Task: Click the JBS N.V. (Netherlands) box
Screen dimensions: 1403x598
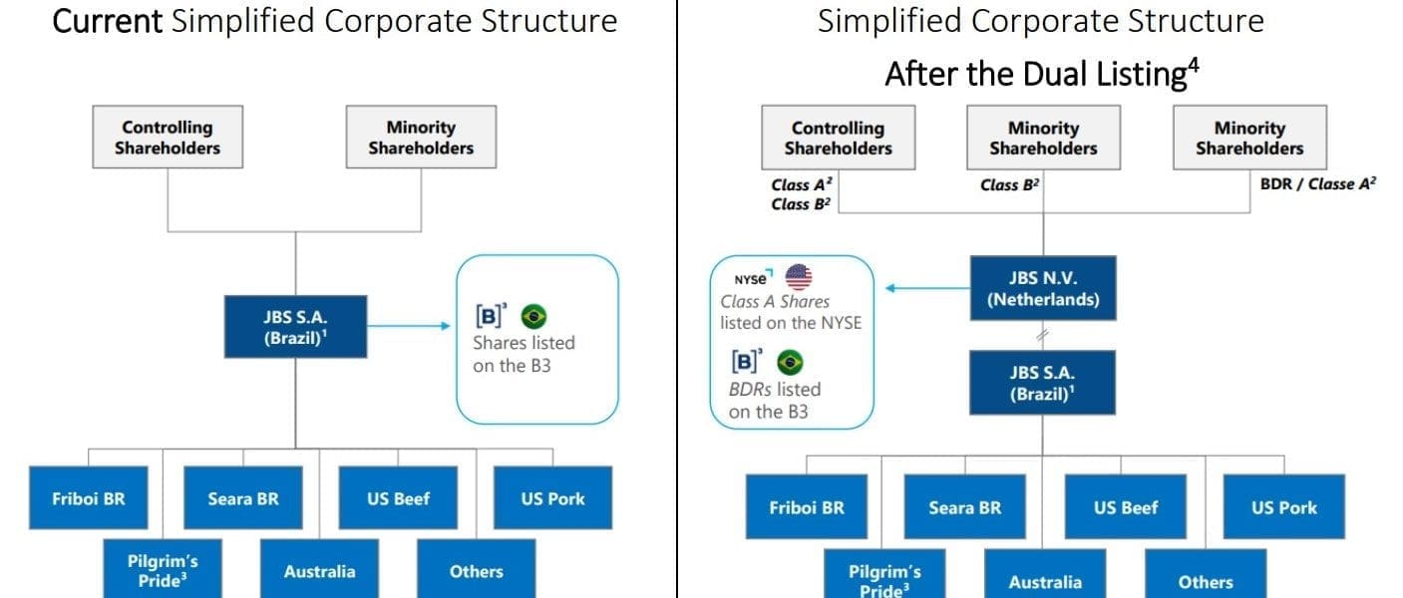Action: (x=1043, y=288)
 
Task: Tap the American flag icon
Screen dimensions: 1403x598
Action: (x=799, y=277)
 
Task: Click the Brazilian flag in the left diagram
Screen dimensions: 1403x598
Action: (x=533, y=316)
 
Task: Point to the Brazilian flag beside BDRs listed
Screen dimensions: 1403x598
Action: (x=790, y=362)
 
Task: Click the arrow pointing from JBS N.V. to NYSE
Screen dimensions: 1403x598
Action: (x=927, y=288)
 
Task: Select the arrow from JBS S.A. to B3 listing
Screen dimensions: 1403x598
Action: (x=409, y=326)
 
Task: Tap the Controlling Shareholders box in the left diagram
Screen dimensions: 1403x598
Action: (x=168, y=137)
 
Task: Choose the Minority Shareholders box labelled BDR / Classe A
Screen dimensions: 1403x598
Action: (x=1249, y=138)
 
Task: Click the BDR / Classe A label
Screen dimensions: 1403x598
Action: (x=1318, y=184)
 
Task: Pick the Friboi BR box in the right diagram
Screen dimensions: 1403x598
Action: (x=807, y=506)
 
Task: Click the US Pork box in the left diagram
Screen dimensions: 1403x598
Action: (x=553, y=497)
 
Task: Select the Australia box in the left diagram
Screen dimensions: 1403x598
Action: (x=319, y=570)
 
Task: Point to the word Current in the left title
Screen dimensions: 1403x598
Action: (x=107, y=21)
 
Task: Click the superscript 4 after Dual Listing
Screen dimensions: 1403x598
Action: (x=1194, y=65)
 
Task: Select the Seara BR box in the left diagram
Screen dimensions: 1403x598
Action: (x=243, y=497)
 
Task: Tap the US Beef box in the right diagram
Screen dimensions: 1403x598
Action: (x=1126, y=506)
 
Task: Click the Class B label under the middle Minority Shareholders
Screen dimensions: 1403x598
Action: (x=1010, y=184)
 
